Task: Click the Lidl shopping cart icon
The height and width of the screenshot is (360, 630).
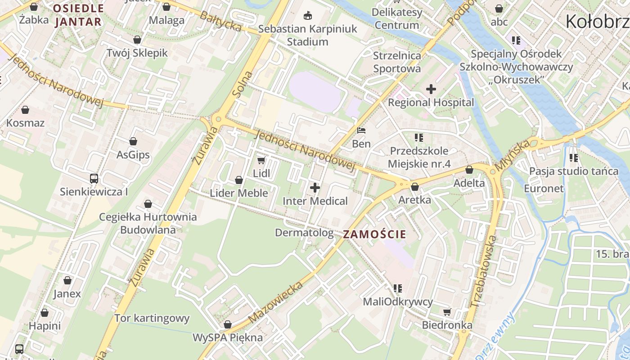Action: [x=261, y=160]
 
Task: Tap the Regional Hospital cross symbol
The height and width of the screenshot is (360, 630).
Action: [x=431, y=89]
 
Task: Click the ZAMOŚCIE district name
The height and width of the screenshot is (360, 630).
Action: [x=374, y=234]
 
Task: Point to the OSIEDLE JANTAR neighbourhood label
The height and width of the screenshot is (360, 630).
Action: [x=78, y=15]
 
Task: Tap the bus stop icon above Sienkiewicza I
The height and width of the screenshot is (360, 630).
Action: [x=94, y=178]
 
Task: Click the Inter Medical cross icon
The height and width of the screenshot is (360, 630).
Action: [x=315, y=187]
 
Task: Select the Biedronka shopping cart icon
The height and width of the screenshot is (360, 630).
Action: [x=447, y=312]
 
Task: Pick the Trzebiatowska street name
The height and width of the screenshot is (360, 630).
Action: [x=484, y=271]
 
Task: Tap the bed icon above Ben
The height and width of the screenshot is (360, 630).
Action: [x=361, y=131]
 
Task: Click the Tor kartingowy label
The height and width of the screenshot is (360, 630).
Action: [x=152, y=318]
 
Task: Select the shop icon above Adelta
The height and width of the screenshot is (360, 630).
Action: [x=469, y=170]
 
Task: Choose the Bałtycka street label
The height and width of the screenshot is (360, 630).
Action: [x=220, y=22]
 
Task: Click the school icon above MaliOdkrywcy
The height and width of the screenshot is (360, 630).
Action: [x=397, y=288]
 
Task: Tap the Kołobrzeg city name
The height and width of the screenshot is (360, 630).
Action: [x=597, y=21]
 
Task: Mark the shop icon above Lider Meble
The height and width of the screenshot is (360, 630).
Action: [x=239, y=180]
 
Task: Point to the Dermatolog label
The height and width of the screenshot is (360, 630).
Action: [x=304, y=233]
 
